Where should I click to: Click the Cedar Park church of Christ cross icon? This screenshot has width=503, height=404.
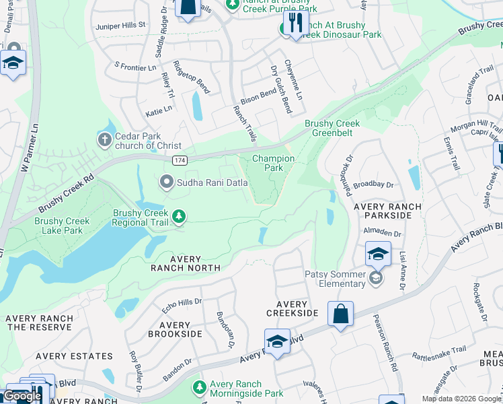tap(104, 140)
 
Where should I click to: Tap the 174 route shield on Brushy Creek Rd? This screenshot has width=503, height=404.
tap(180, 160)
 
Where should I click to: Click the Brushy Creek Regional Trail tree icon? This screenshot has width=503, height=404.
tap(179, 216)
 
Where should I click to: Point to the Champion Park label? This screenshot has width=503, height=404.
tap(273, 163)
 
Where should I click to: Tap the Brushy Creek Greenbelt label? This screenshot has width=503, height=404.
tap(332, 128)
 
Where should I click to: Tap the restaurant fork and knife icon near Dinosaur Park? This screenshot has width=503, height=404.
tap(295, 23)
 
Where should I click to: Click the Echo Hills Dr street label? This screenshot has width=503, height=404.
tap(182, 305)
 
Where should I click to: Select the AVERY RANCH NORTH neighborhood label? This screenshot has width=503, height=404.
tap(186, 263)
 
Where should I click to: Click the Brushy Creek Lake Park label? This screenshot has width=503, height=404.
tap(63, 226)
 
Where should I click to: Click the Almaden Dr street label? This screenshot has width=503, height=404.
tap(382, 234)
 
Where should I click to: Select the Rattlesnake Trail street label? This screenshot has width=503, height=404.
tap(438, 353)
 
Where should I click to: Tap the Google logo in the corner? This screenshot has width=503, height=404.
tap(22, 396)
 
